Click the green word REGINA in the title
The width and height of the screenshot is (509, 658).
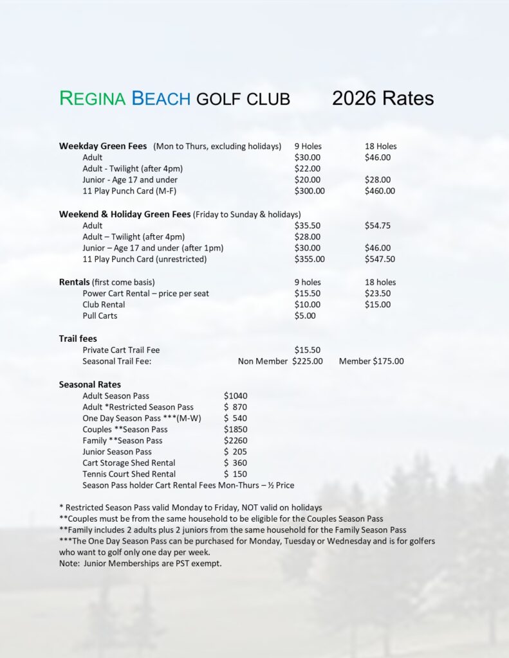tap(93, 98)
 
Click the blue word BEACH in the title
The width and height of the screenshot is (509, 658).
tap(161, 98)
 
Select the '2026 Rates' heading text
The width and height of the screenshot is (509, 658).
tap(383, 98)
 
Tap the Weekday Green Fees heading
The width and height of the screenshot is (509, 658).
tap(103, 147)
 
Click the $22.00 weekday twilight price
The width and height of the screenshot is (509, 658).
tap(308, 168)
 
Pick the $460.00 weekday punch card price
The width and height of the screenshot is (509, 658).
tap(380, 191)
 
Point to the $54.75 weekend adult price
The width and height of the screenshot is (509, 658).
tap(378, 226)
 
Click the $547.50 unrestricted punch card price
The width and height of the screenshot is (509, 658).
tap(380, 259)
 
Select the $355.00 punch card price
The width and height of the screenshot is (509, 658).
tap(310, 259)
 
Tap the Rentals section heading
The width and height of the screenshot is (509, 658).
tap(74, 282)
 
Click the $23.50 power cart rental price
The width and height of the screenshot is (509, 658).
tap(378, 293)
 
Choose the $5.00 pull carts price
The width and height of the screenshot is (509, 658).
tap(305, 316)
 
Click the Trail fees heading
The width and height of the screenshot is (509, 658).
tap(78, 339)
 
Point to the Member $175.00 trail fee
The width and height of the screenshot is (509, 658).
tap(371, 361)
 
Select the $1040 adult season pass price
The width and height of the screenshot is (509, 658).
tap(236, 396)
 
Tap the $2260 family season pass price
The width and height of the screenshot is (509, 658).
tap(236, 440)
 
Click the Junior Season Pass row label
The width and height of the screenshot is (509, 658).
tap(117, 452)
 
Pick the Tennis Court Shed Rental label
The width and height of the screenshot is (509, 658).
tap(129, 474)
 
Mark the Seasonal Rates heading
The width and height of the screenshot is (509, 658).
tap(89, 384)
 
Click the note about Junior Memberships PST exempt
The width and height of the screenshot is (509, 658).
tap(140, 564)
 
